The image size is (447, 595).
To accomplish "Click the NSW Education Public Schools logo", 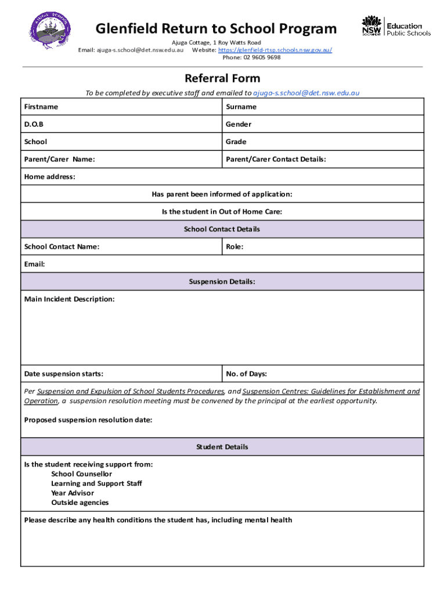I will [x=396, y=26].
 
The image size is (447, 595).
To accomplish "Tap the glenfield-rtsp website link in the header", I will [x=275, y=50].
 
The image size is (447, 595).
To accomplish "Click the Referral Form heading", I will [x=222, y=78].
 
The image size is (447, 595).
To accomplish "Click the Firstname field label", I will [x=41, y=107].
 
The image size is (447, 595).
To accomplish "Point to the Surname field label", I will [x=241, y=107].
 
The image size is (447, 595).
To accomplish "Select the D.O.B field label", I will [x=34, y=124].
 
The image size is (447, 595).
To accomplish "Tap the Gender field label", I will [x=239, y=124].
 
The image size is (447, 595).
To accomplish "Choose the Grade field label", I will [x=236, y=142].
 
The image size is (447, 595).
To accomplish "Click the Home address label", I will [x=49, y=177].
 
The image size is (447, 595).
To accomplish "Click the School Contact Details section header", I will [x=222, y=229].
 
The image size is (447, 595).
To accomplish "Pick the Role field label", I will [x=235, y=247].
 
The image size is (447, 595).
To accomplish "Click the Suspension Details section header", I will [x=222, y=282].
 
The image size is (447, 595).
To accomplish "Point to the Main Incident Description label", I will [x=69, y=299].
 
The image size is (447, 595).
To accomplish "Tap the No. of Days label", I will [x=246, y=374].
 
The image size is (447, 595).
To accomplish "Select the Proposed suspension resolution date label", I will [x=88, y=420].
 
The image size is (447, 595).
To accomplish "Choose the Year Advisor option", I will [x=72, y=493].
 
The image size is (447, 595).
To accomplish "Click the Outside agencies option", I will [x=80, y=503].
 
